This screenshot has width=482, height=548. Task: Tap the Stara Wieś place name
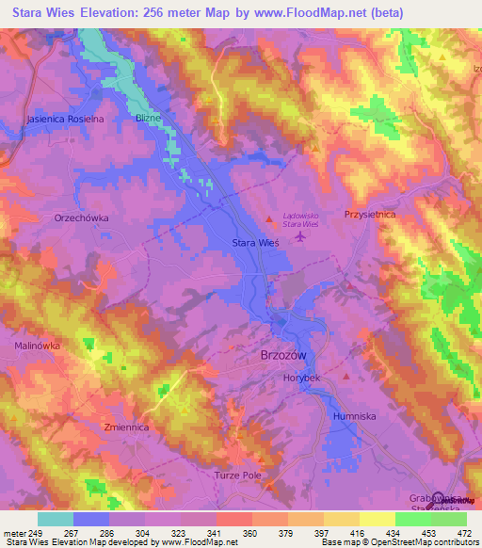(255, 243)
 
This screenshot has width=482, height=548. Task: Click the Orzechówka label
(82, 218)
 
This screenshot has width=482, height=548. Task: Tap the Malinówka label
(38, 346)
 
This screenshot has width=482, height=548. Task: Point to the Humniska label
(355, 415)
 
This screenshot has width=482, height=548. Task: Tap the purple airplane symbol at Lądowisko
(300, 235)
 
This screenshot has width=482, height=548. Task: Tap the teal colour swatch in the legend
(55, 519)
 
